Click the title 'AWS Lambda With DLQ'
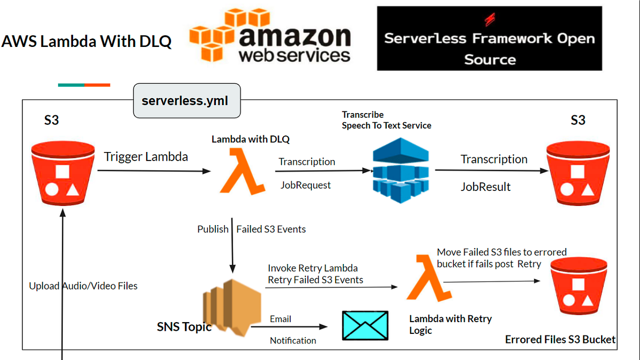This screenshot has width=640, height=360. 86,42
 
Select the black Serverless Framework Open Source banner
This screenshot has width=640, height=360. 489,38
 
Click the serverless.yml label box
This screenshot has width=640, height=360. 187,100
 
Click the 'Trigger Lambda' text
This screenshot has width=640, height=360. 146,157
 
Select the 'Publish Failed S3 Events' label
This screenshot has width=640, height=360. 252,229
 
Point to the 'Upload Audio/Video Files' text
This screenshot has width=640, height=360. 83,286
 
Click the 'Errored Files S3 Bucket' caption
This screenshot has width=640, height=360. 560,339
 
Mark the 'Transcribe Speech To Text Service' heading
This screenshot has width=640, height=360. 386,120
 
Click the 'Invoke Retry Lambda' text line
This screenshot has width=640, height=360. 313,268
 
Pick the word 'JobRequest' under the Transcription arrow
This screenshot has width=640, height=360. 306,185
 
